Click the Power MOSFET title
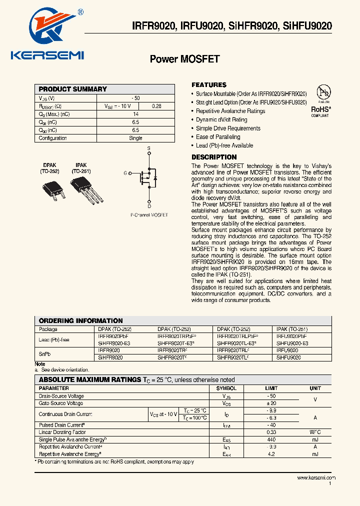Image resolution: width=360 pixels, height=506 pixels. [184, 59]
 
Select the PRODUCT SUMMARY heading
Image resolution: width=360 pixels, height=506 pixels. [72, 89]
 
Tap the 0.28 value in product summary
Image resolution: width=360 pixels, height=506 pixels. [156, 106]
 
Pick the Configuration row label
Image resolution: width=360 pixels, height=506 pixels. [52, 138]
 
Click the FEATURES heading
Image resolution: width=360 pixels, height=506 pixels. [209, 85]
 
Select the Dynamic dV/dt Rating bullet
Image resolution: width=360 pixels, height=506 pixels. [221, 119]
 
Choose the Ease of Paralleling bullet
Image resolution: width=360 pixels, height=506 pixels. [218, 137]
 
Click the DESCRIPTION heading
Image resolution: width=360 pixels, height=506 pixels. [214, 157]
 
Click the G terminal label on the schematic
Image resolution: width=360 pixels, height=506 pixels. [125, 173]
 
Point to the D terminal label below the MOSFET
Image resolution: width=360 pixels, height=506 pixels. [148, 206]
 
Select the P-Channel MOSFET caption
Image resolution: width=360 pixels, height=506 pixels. [149, 215]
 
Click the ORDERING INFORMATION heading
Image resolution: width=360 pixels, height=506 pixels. [80, 320]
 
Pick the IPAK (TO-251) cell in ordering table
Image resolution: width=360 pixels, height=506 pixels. [292, 329]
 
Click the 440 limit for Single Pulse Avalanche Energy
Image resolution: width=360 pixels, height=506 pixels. [271, 439]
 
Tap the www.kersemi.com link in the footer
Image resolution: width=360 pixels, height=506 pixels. [316, 478]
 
